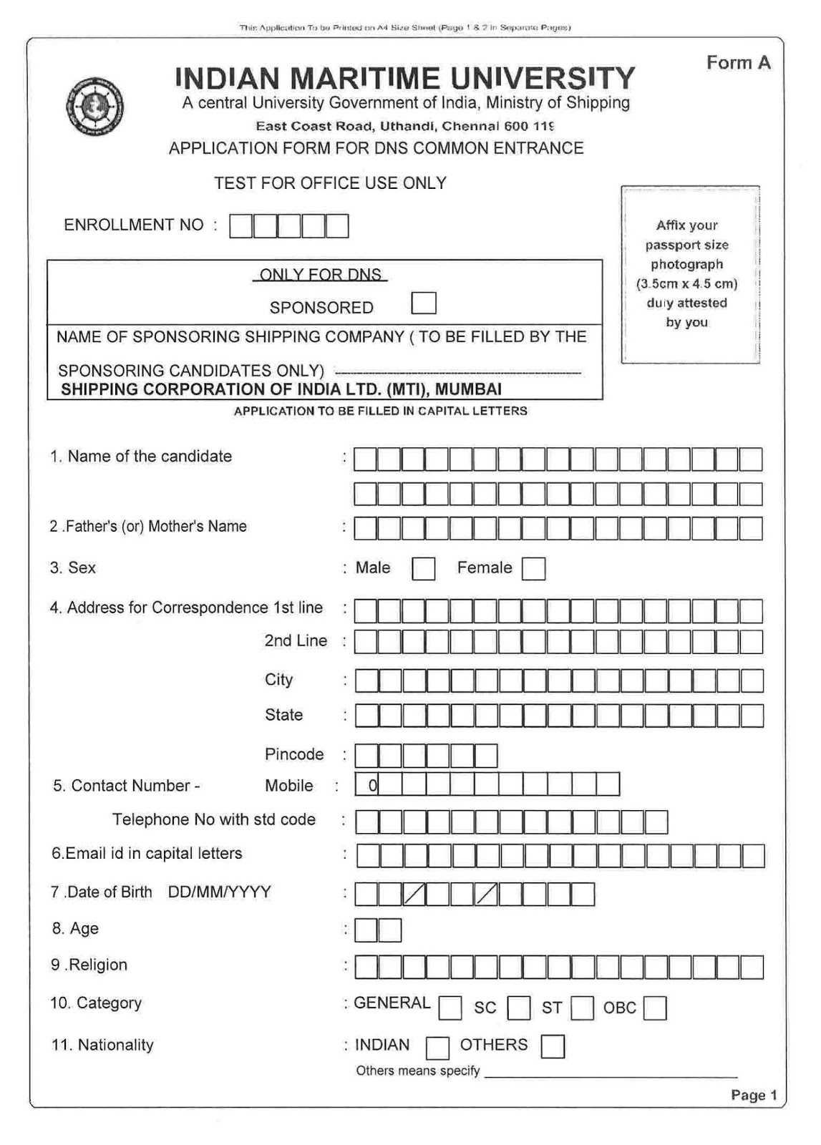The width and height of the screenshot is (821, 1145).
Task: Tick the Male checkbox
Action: tap(423, 569)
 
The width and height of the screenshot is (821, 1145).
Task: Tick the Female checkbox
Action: tap(533, 569)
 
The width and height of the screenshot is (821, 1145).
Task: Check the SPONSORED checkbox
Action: tap(424, 303)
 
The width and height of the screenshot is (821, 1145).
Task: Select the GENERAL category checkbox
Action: tap(450, 1008)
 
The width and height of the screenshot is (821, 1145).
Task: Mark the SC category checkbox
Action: tap(519, 1008)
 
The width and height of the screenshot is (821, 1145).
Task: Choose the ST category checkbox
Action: tap(583, 1008)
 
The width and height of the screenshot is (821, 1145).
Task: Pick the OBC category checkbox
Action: tap(655, 1008)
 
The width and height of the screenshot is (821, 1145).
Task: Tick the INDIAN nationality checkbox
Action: tap(437, 1048)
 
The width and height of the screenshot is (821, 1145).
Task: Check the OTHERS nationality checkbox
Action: tap(553, 1046)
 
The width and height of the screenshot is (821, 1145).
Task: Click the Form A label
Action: tap(738, 63)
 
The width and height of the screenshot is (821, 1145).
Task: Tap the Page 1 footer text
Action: tap(754, 1095)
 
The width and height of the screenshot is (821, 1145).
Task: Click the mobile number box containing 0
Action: tap(367, 785)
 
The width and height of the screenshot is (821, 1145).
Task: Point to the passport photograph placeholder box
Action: tap(690, 275)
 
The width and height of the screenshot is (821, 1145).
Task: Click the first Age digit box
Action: tap(366, 930)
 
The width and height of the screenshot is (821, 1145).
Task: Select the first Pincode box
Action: tap(366, 756)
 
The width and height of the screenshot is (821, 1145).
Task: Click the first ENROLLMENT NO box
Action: tap(241, 226)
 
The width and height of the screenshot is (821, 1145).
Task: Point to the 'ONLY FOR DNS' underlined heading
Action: tap(320, 274)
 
